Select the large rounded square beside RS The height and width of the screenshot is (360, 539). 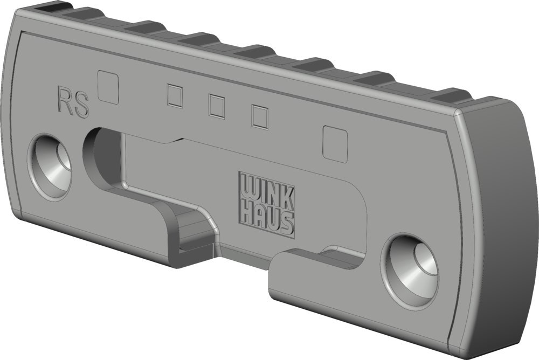[x=109, y=87]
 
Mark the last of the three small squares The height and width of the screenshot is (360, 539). [x=260, y=117]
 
